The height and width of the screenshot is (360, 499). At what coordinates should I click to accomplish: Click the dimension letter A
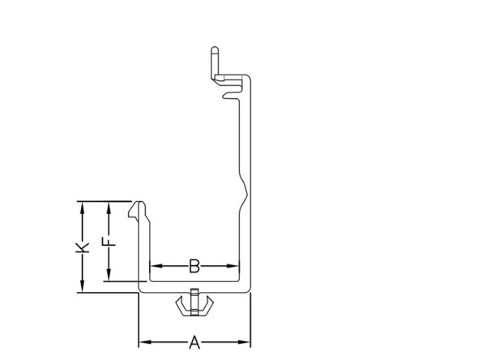194,342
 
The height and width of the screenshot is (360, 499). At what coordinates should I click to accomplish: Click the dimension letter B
194,266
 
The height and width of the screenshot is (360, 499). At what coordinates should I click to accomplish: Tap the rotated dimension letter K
82,247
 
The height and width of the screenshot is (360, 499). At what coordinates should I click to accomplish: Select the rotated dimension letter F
109,242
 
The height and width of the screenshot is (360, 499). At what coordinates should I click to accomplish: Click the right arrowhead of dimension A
245,342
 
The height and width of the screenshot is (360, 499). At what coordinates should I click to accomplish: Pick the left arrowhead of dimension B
156,266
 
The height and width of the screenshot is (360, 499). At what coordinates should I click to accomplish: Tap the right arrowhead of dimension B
232,266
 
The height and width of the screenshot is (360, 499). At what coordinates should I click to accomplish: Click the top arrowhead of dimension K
83,208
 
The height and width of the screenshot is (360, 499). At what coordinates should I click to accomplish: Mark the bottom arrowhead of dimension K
83,285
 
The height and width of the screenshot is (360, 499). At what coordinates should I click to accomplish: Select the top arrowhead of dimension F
109,208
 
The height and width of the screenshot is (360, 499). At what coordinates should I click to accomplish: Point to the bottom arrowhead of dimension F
109,275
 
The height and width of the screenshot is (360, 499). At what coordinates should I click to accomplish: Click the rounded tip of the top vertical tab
215,49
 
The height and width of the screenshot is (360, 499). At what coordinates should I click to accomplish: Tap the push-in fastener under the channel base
194,302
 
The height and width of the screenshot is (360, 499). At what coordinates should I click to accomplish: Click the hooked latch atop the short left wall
138,210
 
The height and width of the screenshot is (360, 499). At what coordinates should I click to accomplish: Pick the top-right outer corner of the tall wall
249,75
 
